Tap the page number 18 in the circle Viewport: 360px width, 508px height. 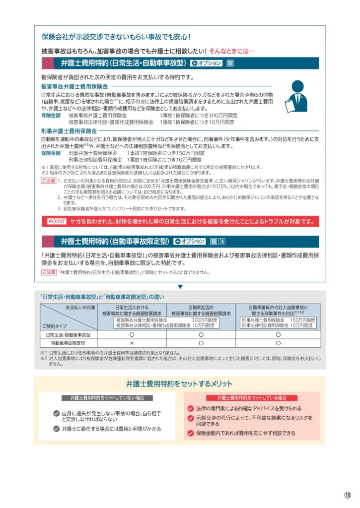click(x=347, y=495)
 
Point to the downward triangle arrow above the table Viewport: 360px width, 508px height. click(x=180, y=286)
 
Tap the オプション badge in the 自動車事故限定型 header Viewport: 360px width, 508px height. click(x=190, y=242)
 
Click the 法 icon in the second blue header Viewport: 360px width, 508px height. click(x=222, y=242)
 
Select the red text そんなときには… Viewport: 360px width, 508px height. click(x=232, y=51)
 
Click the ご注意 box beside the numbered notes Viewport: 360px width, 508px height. click(x=48, y=181)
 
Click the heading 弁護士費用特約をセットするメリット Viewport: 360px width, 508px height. click(x=179, y=384)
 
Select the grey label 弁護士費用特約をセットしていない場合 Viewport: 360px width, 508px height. click(x=107, y=398)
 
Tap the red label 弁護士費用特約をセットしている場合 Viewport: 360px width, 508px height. click(x=252, y=398)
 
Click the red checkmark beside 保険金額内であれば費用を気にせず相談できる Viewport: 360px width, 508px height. click(x=190, y=433)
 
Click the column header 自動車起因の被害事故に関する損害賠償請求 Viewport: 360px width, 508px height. click(x=201, y=311)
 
